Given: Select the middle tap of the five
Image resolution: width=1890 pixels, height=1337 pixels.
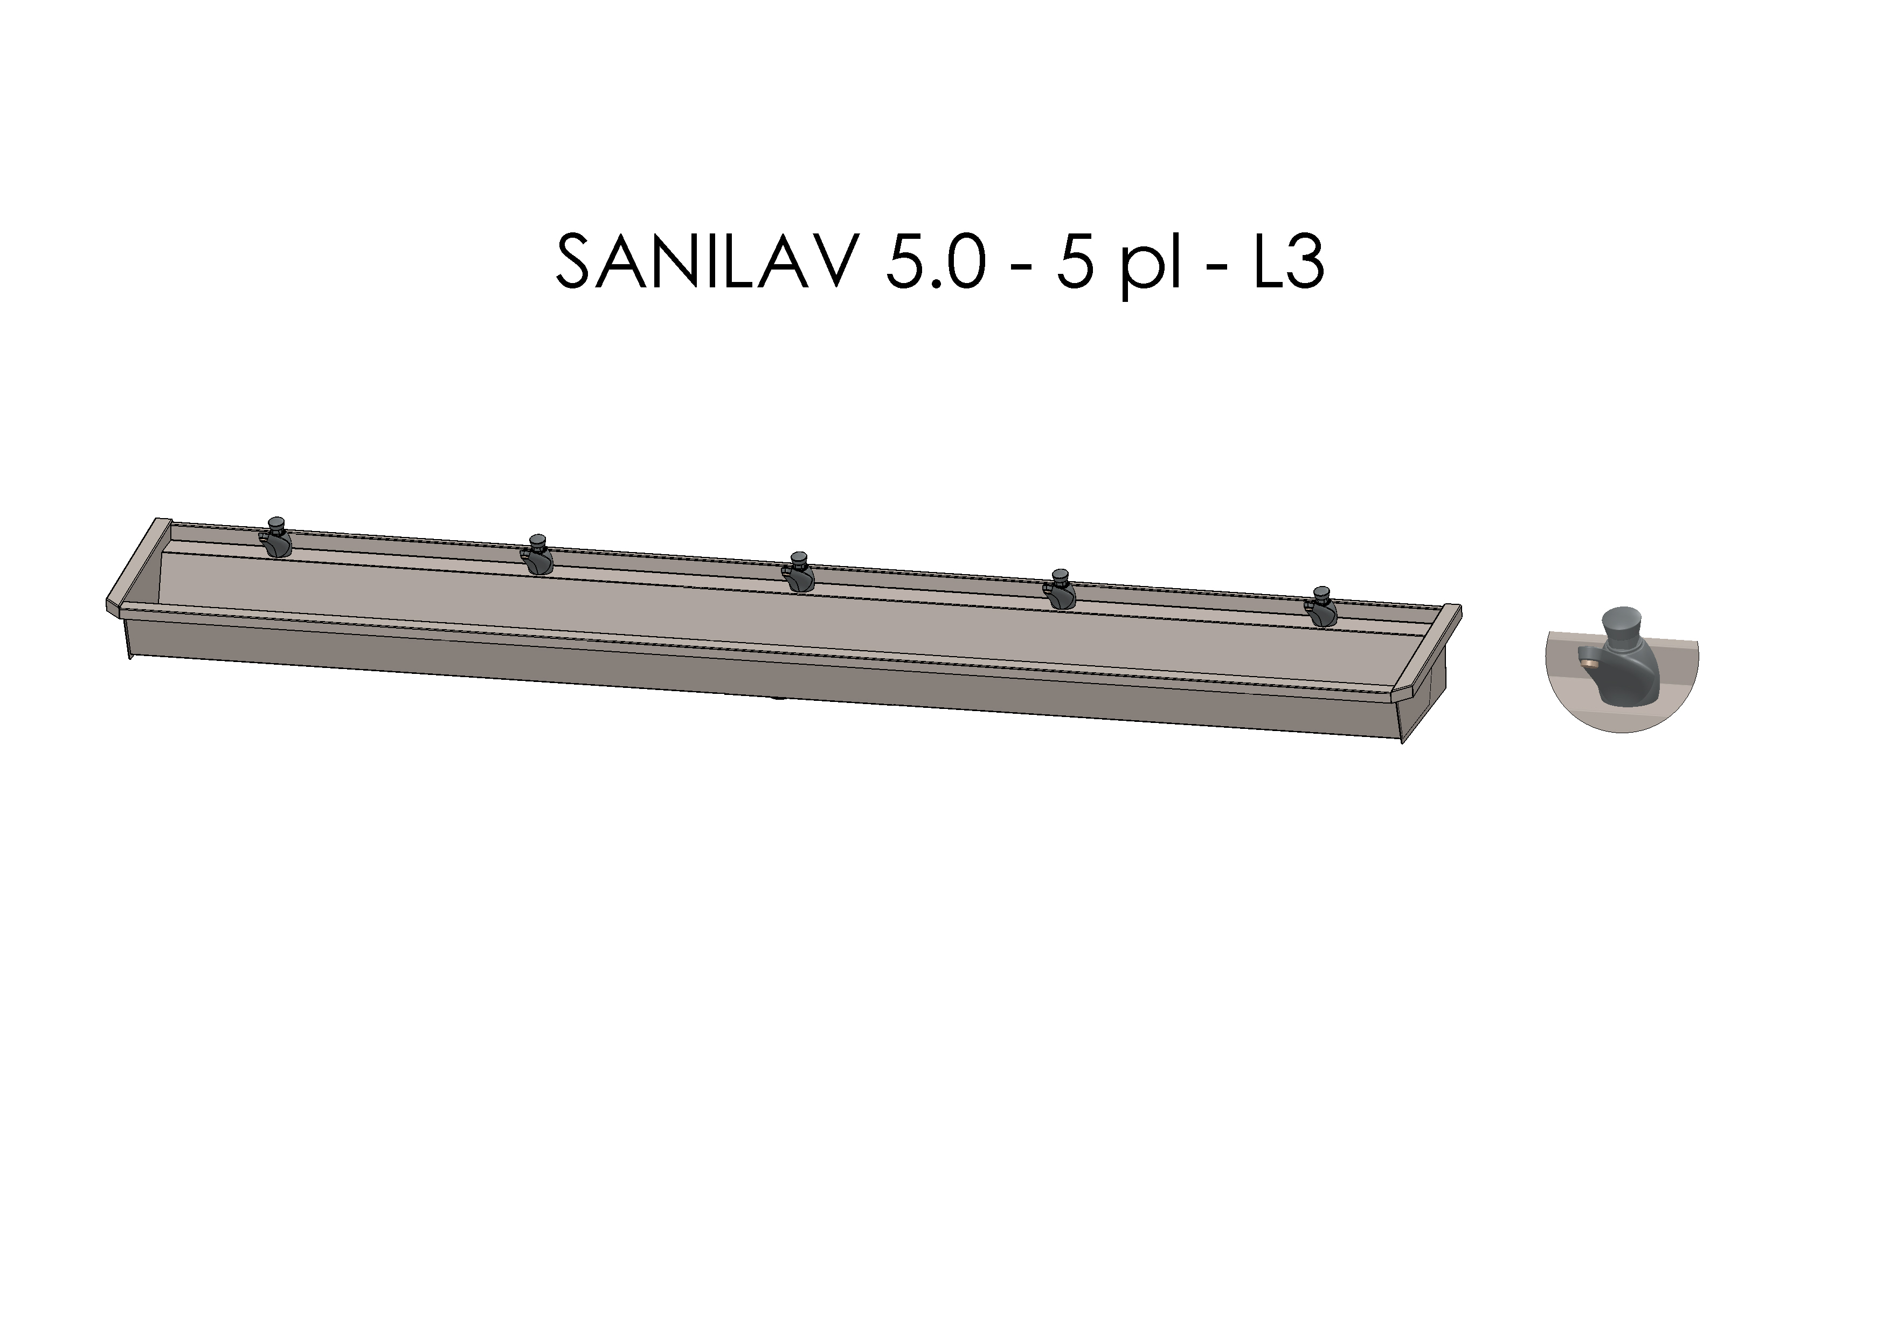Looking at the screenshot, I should pyautogui.click(x=799, y=574).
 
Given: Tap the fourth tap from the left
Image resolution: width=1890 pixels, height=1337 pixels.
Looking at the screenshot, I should pyautogui.click(x=1060, y=590).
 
